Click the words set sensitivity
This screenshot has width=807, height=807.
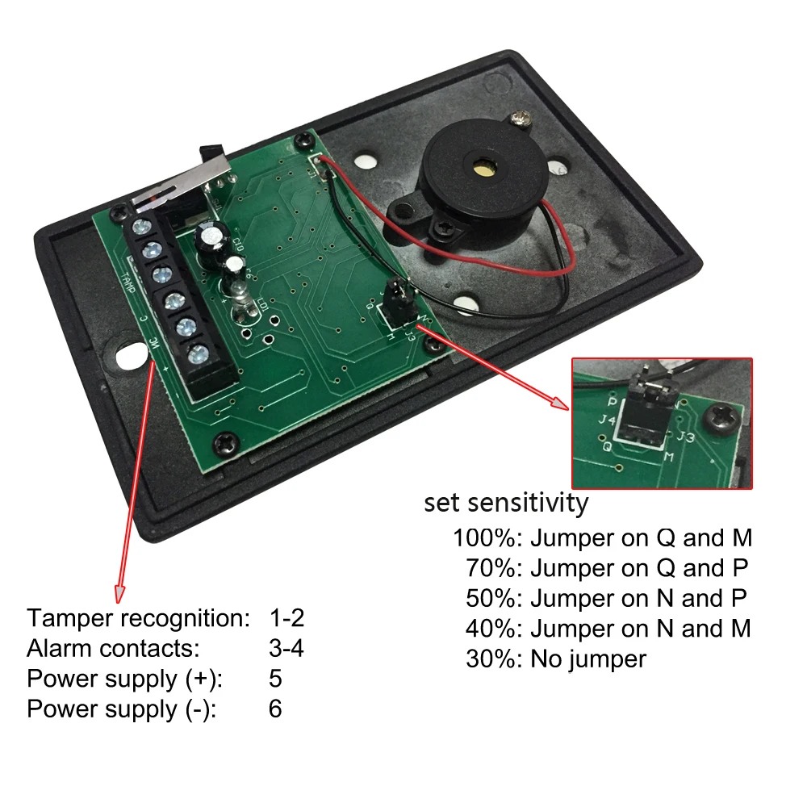[x=506, y=503]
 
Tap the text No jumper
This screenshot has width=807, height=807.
[x=587, y=659]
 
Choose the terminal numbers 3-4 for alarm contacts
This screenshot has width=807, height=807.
[x=286, y=648]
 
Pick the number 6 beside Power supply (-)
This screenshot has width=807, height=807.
[x=275, y=709]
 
